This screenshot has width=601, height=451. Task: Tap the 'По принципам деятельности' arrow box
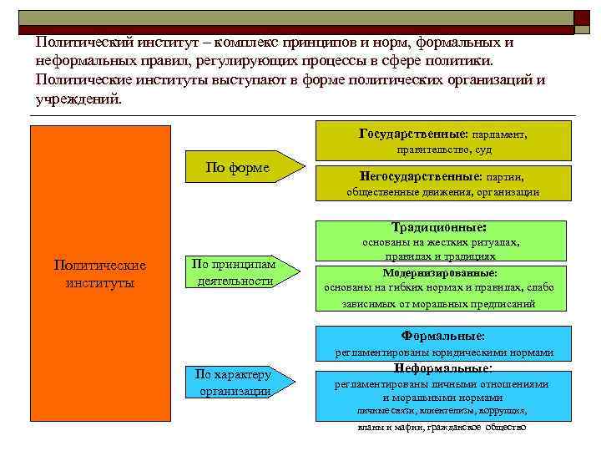tap(239, 272)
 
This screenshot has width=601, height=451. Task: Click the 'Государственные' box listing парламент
tap(442, 140)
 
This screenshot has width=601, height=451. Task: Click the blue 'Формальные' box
tap(443, 343)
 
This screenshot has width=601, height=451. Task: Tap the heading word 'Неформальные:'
tap(442, 367)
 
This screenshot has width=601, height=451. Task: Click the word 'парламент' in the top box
tap(499, 134)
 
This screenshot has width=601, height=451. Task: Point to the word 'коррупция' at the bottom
tap(504, 411)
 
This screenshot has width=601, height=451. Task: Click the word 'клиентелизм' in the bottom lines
tap(449, 411)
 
